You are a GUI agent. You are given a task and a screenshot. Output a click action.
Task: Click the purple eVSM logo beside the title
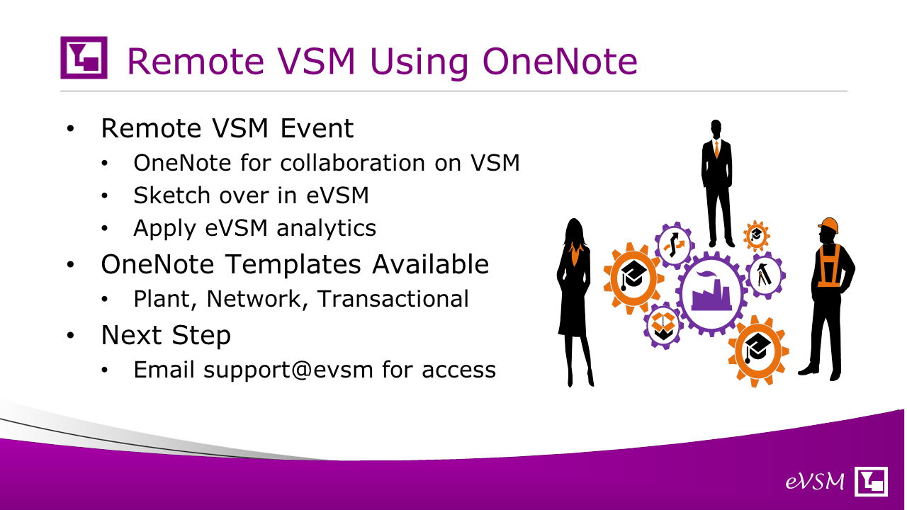pos(84,57)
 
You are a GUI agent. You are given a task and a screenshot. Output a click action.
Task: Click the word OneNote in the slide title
pos(560,61)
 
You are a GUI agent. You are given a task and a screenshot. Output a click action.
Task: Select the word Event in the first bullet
pos(317,128)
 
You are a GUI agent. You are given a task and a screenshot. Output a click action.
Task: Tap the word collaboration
pos(352,163)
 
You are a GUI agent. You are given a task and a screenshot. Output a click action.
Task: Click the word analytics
pos(327,228)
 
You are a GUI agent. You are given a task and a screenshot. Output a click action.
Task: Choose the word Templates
pos(293,265)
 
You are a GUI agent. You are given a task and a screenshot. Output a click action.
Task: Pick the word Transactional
pos(393,299)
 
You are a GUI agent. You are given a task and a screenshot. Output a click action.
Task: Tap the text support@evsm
pos(288,370)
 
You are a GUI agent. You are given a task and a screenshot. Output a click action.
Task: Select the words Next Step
pos(166,336)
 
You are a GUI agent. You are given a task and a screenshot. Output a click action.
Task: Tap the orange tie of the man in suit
pos(716,149)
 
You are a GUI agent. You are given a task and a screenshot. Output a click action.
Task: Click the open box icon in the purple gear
pos(663,326)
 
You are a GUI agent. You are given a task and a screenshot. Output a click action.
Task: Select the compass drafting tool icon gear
pos(765,276)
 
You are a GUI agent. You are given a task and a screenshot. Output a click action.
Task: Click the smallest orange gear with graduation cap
pos(756,236)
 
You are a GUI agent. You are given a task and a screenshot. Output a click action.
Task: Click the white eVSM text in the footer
pos(815,482)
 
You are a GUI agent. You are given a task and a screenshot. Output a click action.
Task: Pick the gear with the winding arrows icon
pos(674,244)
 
